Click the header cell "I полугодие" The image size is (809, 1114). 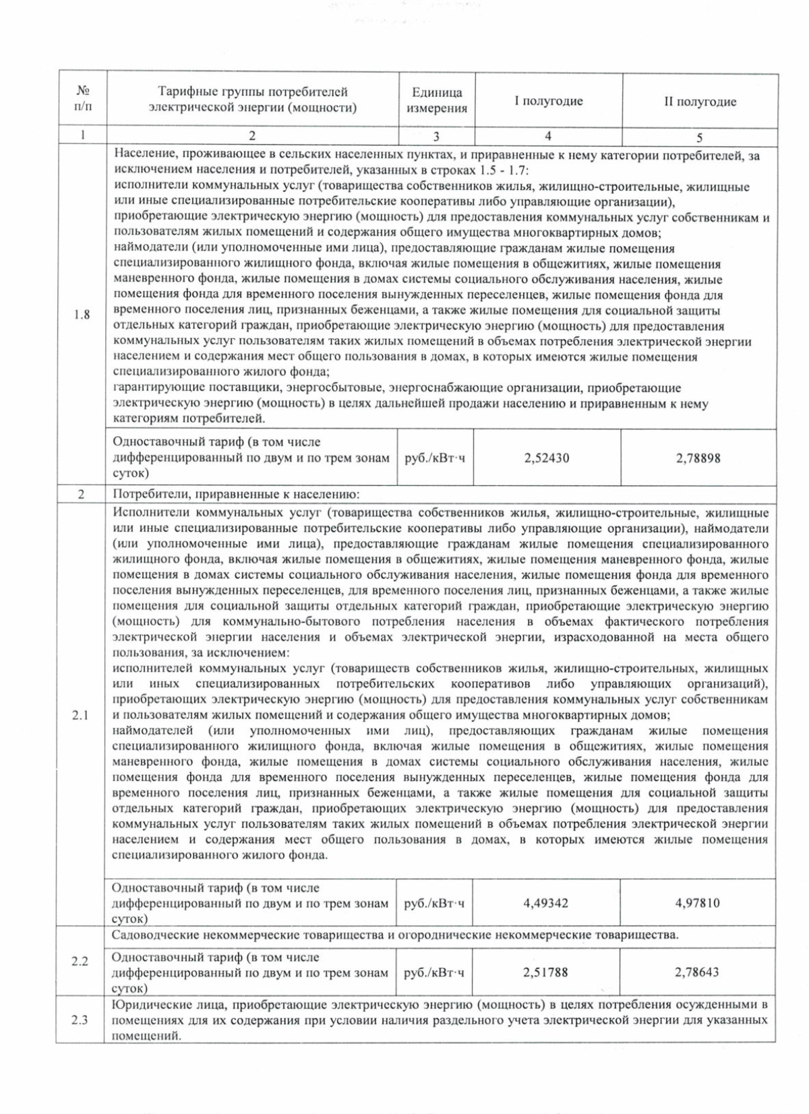click(x=548, y=101)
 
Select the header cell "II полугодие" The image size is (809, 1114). click(x=700, y=102)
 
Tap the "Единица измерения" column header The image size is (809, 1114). click(x=437, y=100)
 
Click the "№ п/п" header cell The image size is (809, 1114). click(x=82, y=98)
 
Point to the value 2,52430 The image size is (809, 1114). click(x=547, y=458)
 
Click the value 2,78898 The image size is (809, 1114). click(x=698, y=458)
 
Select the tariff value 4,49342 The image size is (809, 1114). click(x=545, y=902)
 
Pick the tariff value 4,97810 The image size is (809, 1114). click(x=698, y=902)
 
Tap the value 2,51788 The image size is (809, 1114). click(x=545, y=972)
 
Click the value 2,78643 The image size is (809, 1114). click(x=697, y=972)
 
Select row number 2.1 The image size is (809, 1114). click(x=80, y=715)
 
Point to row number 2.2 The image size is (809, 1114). click(x=80, y=961)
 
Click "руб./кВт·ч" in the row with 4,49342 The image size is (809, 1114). click(x=434, y=903)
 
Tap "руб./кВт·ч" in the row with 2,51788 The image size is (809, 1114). click(x=434, y=972)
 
